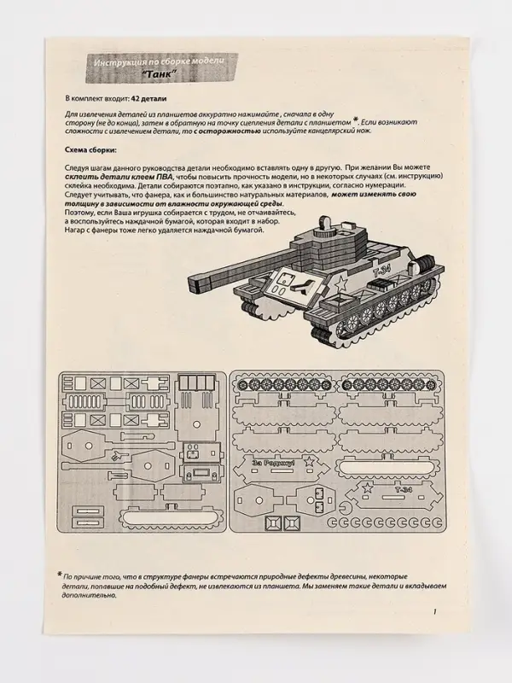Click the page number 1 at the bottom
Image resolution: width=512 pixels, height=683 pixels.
point(434,611)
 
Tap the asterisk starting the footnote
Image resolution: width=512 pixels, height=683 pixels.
point(60,574)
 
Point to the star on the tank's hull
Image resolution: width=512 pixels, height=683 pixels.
point(338,281)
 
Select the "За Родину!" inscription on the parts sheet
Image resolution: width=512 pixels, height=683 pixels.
point(274,463)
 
